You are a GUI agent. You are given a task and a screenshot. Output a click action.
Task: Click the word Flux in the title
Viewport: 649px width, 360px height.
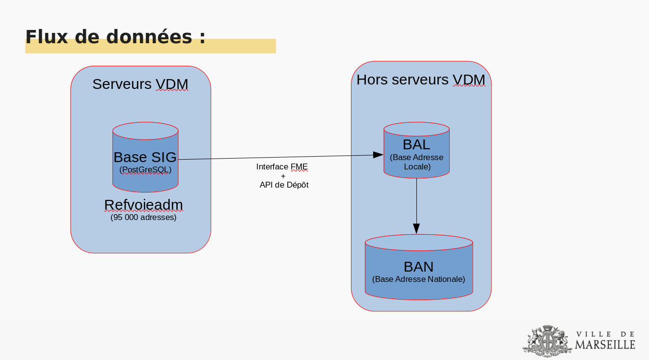pyautogui.click(x=47, y=37)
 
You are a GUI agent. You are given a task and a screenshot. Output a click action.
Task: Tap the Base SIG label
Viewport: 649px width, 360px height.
pyautogui.click(x=145, y=157)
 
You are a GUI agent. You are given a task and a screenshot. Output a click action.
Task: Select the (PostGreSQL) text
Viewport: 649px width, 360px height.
pyautogui.click(x=145, y=169)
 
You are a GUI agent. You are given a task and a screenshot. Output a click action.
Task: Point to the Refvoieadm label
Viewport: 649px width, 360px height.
pyautogui.click(x=143, y=205)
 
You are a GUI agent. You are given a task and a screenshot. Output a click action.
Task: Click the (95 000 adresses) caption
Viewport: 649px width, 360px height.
pyautogui.click(x=143, y=217)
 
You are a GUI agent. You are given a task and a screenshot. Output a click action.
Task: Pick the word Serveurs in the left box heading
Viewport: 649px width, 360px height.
pyautogui.click(x=122, y=84)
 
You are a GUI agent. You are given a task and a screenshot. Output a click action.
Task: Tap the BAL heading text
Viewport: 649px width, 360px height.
pyautogui.click(x=416, y=144)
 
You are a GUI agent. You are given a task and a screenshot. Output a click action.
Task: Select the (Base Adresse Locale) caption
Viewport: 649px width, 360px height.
pyautogui.click(x=417, y=162)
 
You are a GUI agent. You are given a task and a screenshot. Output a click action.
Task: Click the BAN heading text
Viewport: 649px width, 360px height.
pyautogui.click(x=418, y=267)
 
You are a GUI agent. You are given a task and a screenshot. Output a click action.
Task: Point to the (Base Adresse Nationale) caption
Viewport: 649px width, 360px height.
pyautogui.click(x=419, y=279)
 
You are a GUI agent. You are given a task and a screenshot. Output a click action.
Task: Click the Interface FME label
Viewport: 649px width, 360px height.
pyautogui.click(x=282, y=166)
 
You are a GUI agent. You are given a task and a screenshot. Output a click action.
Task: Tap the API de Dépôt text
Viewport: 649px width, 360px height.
pyautogui.click(x=284, y=185)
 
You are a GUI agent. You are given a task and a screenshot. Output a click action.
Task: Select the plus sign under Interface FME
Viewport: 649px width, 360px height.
pyautogui.click(x=283, y=176)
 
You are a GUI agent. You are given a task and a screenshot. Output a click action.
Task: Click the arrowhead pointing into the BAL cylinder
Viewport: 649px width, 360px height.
pyautogui.click(x=378, y=155)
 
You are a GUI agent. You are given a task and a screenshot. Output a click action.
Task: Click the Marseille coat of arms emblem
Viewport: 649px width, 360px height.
pyautogui.click(x=547, y=341)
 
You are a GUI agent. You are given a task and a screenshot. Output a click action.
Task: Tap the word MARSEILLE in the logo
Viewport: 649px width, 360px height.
pyautogui.click(x=605, y=345)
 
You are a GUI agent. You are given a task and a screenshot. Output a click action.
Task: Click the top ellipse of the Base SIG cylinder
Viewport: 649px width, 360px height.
pyautogui.click(x=145, y=131)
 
